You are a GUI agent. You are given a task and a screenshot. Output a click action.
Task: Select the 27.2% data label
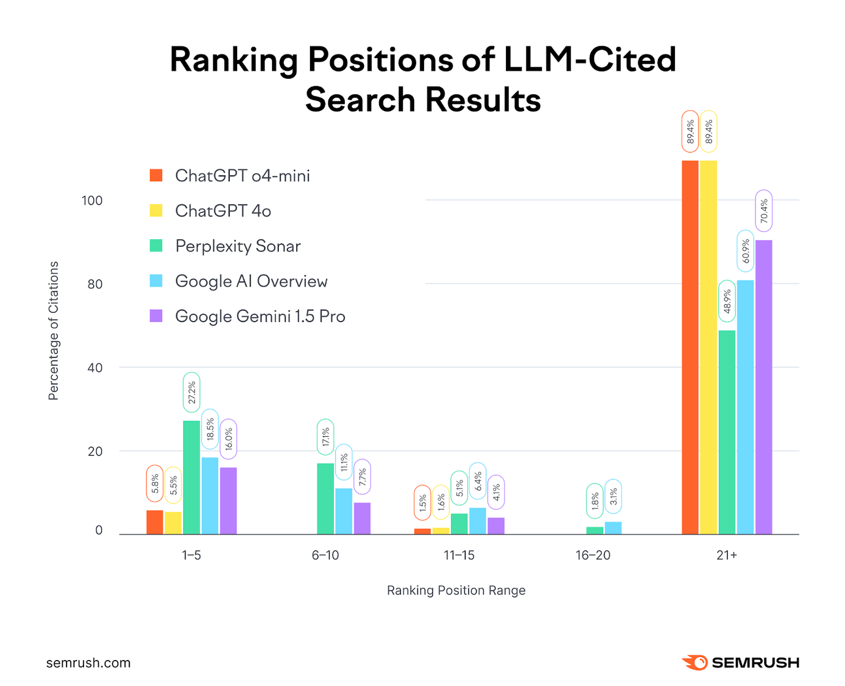(x=192, y=393)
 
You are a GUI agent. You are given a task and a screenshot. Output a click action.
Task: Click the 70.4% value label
(x=763, y=211)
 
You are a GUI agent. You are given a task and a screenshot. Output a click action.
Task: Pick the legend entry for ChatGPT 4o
(x=223, y=211)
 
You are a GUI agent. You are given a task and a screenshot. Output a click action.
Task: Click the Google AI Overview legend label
(x=251, y=281)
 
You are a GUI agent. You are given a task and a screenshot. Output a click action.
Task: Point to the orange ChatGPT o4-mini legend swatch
(x=156, y=176)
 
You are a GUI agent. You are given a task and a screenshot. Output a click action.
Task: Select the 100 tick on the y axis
(x=92, y=201)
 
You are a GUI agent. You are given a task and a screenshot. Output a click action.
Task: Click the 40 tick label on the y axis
(x=95, y=368)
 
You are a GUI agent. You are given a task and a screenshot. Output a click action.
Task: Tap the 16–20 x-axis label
(x=593, y=555)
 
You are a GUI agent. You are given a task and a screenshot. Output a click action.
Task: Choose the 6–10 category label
(x=325, y=555)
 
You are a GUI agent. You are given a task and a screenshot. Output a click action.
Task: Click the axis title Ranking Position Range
(x=456, y=590)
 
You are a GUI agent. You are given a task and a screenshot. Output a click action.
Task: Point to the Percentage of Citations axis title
(x=54, y=331)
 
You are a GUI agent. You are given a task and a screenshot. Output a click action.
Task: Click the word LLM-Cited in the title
(x=589, y=59)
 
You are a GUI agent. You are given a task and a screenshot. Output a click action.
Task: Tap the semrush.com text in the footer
(x=88, y=663)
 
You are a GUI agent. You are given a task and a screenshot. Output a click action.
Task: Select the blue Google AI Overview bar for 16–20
(x=613, y=528)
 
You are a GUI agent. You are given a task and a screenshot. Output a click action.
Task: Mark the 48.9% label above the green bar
(x=727, y=301)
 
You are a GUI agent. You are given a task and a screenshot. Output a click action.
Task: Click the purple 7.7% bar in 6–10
(x=362, y=518)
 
